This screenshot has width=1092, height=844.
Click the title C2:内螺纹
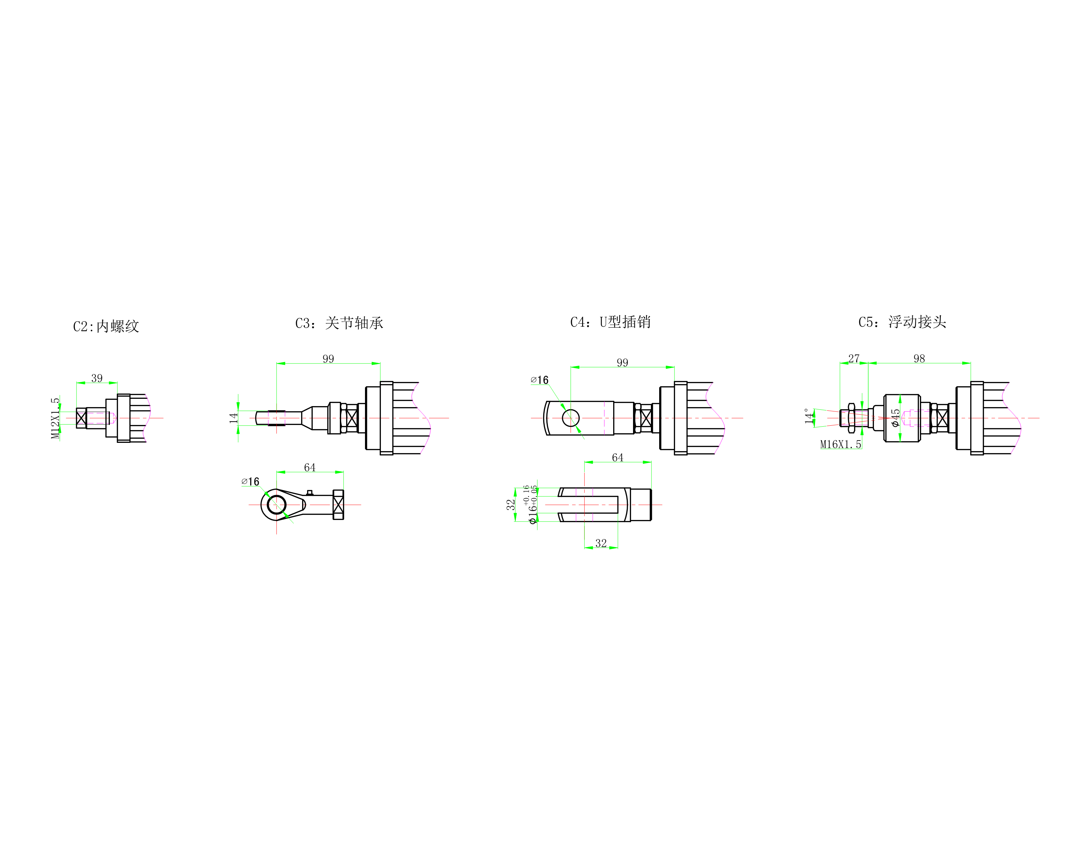coord(106,326)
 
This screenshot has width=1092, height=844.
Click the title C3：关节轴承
coord(339,323)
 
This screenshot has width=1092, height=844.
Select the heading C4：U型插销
coord(611,322)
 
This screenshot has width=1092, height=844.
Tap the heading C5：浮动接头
coord(902,322)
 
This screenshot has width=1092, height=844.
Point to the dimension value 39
coord(97,378)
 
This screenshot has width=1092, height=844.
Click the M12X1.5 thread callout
coord(55,418)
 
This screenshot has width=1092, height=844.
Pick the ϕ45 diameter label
coord(895,418)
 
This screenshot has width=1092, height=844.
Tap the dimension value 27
coord(854,358)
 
